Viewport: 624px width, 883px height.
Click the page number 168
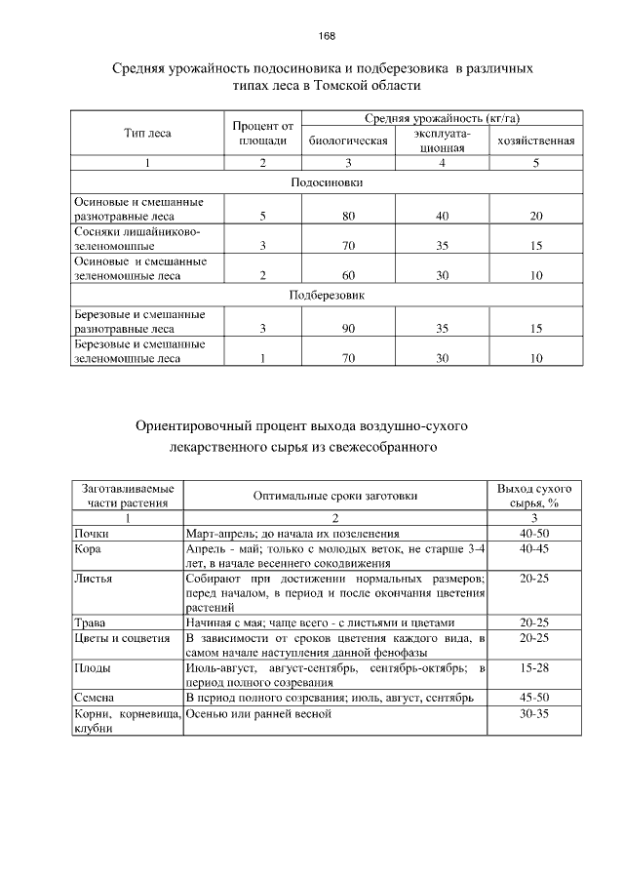click(x=327, y=36)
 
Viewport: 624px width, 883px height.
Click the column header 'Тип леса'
click(x=147, y=133)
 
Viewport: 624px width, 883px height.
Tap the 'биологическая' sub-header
click(x=348, y=140)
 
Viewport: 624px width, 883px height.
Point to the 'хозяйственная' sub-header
click(x=535, y=140)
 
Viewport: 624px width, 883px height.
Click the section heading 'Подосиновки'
click(x=327, y=181)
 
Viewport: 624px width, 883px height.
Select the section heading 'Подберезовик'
click(x=327, y=296)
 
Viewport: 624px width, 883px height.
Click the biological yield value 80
click(x=348, y=215)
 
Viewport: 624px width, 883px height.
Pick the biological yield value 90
click(x=348, y=329)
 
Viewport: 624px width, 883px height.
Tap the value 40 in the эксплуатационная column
click(x=442, y=215)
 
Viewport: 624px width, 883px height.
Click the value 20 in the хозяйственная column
click(x=535, y=215)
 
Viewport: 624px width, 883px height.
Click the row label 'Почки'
click(x=92, y=534)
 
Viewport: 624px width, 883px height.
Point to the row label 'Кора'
click(x=88, y=549)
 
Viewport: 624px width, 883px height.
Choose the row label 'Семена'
click(x=95, y=699)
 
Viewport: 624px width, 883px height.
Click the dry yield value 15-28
click(x=533, y=668)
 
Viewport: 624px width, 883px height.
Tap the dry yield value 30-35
click(x=533, y=714)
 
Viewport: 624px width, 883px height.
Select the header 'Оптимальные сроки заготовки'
click(x=335, y=496)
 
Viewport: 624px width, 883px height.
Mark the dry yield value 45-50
click(x=533, y=699)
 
